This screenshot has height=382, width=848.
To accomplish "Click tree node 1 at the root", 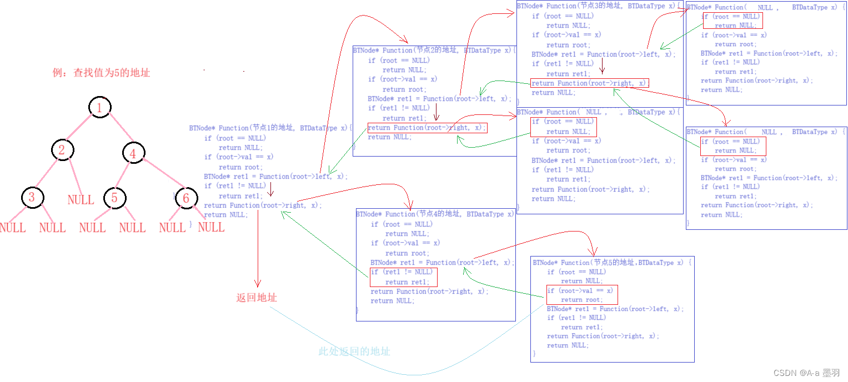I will (x=99, y=108).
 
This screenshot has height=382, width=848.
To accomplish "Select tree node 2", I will (x=62, y=150).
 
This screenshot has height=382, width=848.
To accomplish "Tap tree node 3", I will (x=32, y=197).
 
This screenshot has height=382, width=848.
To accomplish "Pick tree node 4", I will (x=133, y=153).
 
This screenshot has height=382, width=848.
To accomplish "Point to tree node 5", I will (x=114, y=198).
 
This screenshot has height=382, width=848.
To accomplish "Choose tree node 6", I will (x=186, y=198).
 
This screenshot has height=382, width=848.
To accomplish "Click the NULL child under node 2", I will (x=81, y=200).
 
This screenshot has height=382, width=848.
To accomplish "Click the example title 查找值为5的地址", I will (x=102, y=73).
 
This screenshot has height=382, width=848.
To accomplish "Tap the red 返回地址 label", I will (x=257, y=298).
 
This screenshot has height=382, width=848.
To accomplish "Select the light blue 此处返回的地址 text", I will (x=354, y=351).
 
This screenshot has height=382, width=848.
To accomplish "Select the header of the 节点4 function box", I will (x=435, y=214).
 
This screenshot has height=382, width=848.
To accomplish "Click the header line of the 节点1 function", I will (x=270, y=128).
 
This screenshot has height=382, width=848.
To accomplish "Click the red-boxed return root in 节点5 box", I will (x=581, y=300).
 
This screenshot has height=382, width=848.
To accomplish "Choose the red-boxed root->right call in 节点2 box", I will (x=426, y=128).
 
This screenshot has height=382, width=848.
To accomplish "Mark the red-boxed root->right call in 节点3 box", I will (x=589, y=83).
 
